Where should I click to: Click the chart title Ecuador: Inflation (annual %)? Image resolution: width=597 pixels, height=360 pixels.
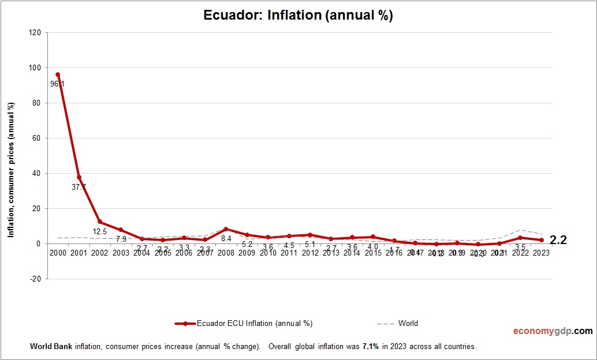click(x=298, y=16)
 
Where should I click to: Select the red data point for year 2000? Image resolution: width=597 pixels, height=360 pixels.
click(x=58, y=74)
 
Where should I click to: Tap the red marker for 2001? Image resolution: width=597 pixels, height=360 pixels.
click(x=79, y=177)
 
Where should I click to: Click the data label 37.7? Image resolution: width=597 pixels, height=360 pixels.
click(x=79, y=187)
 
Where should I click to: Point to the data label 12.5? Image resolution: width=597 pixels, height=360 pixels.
click(x=100, y=232)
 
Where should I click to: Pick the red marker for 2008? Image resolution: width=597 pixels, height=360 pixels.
click(x=226, y=229)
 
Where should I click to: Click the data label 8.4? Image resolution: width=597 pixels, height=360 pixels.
click(x=226, y=238)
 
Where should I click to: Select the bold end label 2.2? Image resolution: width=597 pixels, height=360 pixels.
click(x=558, y=241)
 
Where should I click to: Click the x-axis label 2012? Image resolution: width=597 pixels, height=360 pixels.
click(x=310, y=253)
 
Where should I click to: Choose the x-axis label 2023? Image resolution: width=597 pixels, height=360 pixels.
click(x=541, y=253)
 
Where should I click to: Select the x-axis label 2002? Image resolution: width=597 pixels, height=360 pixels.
click(x=100, y=253)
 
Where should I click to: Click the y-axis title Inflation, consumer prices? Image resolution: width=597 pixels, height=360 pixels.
click(x=10, y=170)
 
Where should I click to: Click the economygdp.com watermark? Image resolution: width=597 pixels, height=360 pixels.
click(x=553, y=331)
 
